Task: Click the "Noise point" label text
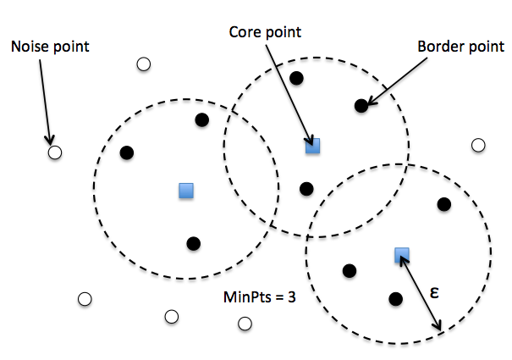coord(49,46)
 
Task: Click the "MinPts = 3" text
coord(258,297)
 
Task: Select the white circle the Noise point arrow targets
coord(55,152)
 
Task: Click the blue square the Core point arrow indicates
coord(312,146)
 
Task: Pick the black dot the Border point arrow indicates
coord(361,106)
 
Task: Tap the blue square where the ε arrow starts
coord(402,254)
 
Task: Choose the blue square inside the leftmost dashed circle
coord(186,191)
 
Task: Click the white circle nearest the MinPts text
coord(245,324)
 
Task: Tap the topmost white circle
coord(143,64)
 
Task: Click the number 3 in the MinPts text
coord(290,297)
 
